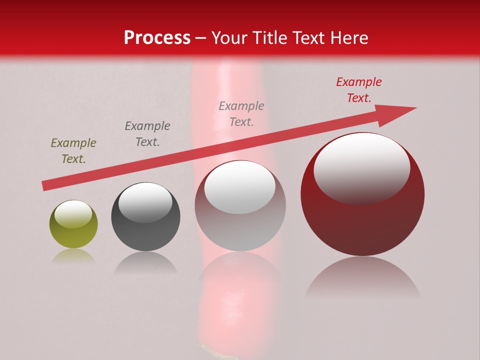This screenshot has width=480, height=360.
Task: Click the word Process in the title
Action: (x=157, y=38)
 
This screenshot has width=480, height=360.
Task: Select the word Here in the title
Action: (x=349, y=38)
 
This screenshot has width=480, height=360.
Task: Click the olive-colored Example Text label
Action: (x=73, y=151)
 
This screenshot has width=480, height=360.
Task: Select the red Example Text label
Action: (x=359, y=90)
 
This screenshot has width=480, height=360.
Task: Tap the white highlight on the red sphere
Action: (x=361, y=167)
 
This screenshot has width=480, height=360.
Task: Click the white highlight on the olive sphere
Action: (x=73, y=214)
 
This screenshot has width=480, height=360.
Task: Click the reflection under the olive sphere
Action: (x=73, y=256)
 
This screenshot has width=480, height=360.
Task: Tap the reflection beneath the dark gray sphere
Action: (x=145, y=263)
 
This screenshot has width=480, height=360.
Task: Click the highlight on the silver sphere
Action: (x=239, y=186)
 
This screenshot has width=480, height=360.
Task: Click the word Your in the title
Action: (x=230, y=38)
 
